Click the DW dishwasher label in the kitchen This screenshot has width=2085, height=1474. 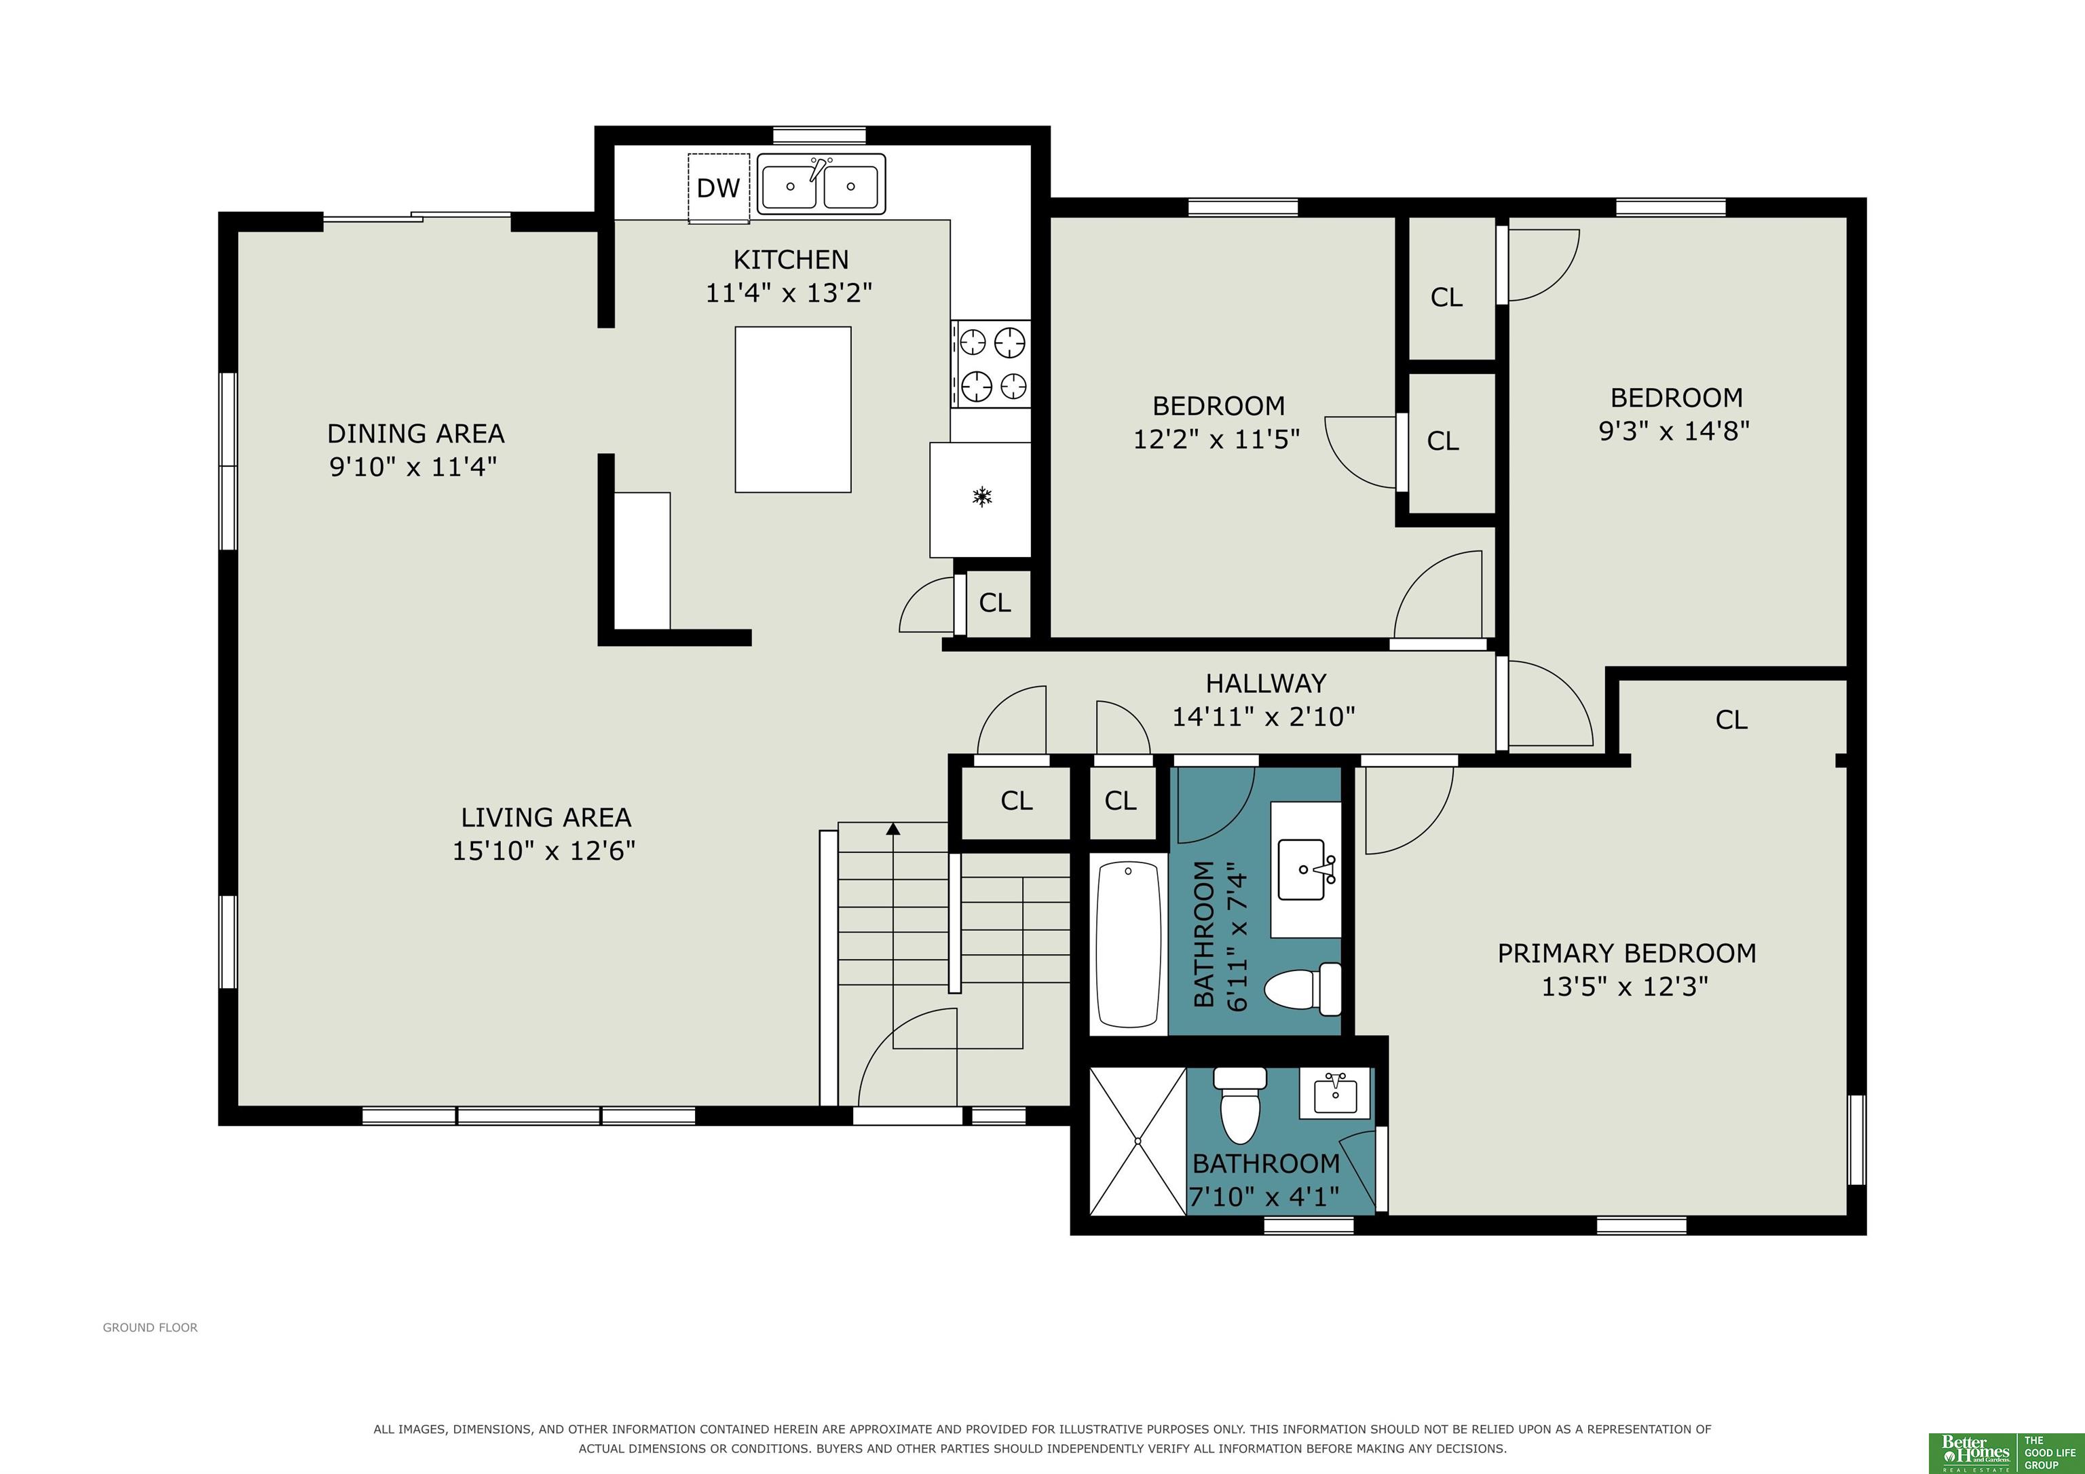tap(718, 188)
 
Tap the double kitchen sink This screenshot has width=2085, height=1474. tap(821, 185)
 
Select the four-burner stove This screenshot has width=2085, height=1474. tap(991, 363)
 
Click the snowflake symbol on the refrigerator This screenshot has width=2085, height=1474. tap(981, 497)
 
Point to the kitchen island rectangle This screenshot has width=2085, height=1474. tap(793, 410)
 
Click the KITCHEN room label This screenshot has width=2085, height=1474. tap(791, 260)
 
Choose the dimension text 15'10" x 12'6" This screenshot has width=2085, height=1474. tap(544, 851)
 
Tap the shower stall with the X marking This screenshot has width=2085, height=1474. tap(1138, 1141)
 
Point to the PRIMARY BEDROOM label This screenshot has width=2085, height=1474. tap(1626, 953)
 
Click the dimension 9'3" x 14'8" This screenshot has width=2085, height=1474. tap(1674, 430)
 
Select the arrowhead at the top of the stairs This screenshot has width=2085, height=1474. tap(894, 828)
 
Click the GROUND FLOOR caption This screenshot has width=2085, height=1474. tap(150, 1328)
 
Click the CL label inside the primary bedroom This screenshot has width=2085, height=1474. tap(1731, 720)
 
